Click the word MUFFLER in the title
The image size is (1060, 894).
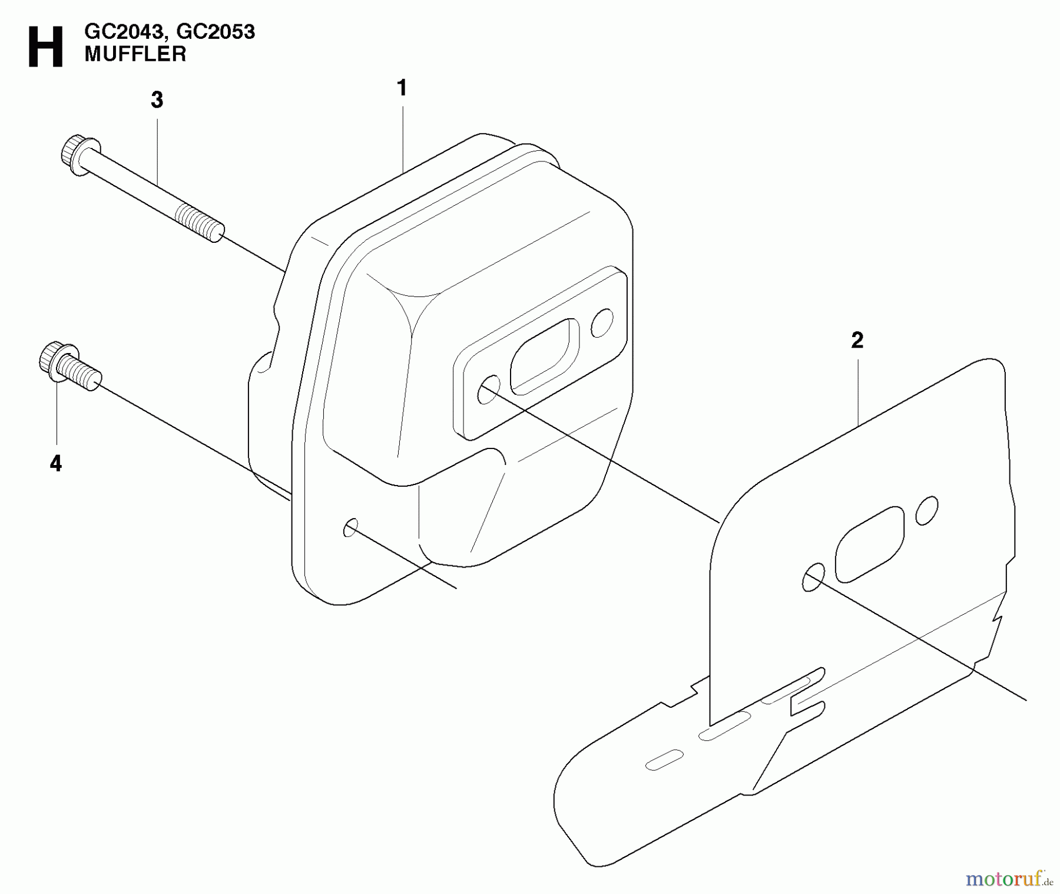135,54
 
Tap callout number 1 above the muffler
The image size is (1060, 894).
402,88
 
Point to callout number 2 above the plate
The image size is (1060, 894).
857,340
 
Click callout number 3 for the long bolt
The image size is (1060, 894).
157,100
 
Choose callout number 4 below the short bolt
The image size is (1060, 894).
55,464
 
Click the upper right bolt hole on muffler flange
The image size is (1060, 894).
602,322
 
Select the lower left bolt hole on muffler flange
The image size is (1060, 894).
488,391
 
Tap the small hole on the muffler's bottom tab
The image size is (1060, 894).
350,527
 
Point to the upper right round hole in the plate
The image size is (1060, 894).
926,510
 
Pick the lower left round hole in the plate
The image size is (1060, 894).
813,578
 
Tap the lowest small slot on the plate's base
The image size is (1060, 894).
664,760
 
